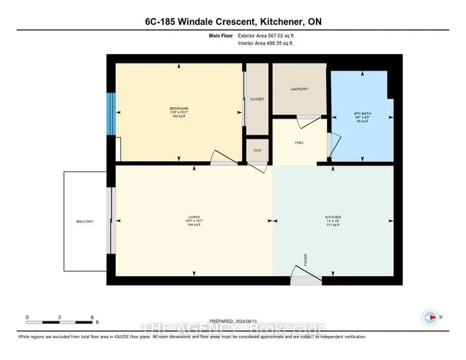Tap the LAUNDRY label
point(299,90)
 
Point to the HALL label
point(299,143)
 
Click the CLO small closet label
point(257,150)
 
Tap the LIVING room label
point(194,216)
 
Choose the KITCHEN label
point(333,216)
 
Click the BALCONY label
point(85,222)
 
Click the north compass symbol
point(430,317)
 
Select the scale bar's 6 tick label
point(92,317)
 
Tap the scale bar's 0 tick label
point(27,317)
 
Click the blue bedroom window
point(110,114)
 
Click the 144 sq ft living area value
point(194,226)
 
